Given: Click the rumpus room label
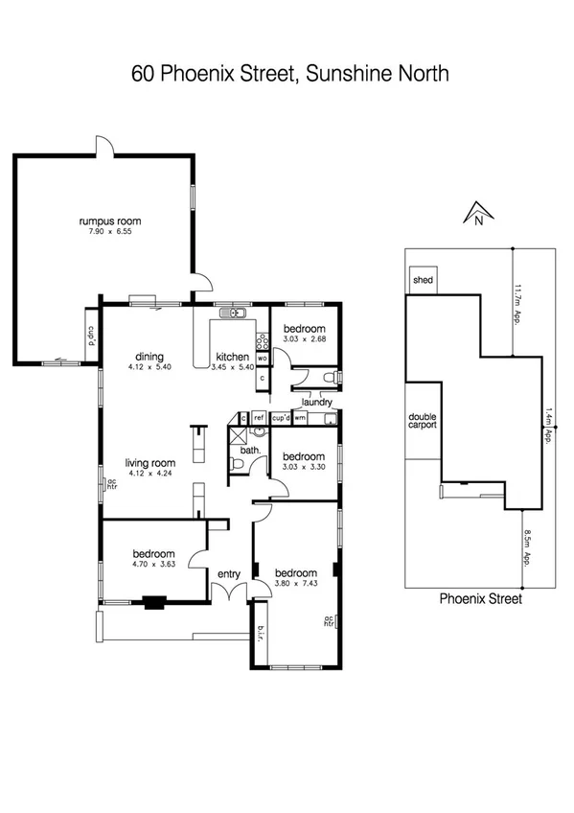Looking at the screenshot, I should pyautogui.click(x=103, y=221).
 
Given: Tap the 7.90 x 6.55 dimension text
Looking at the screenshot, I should pyautogui.click(x=103, y=232).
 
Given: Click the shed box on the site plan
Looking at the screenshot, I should pyautogui.click(x=423, y=280).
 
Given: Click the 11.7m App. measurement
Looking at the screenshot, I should pyautogui.click(x=517, y=304).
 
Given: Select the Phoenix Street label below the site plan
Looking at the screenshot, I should pyautogui.click(x=480, y=599).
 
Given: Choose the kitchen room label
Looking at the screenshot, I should pyautogui.click(x=232, y=356).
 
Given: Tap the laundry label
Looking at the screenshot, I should pyautogui.click(x=315, y=403).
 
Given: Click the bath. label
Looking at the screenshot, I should pyautogui.click(x=251, y=449).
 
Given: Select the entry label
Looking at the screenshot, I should pyautogui.click(x=228, y=573).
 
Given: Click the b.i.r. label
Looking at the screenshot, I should pyautogui.click(x=262, y=635).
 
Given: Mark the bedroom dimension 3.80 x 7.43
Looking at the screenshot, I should pyautogui.click(x=296, y=582).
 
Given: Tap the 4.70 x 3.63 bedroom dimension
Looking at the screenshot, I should pyautogui.click(x=153, y=565).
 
